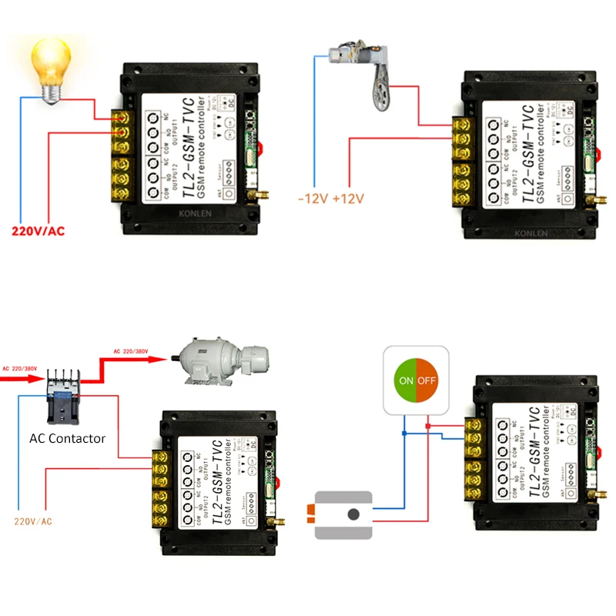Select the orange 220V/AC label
[x=33, y=521]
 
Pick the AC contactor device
[x=62, y=395]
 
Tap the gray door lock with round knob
[x=343, y=514]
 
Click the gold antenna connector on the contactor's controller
[x=280, y=521]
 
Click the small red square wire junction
[x=428, y=424]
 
